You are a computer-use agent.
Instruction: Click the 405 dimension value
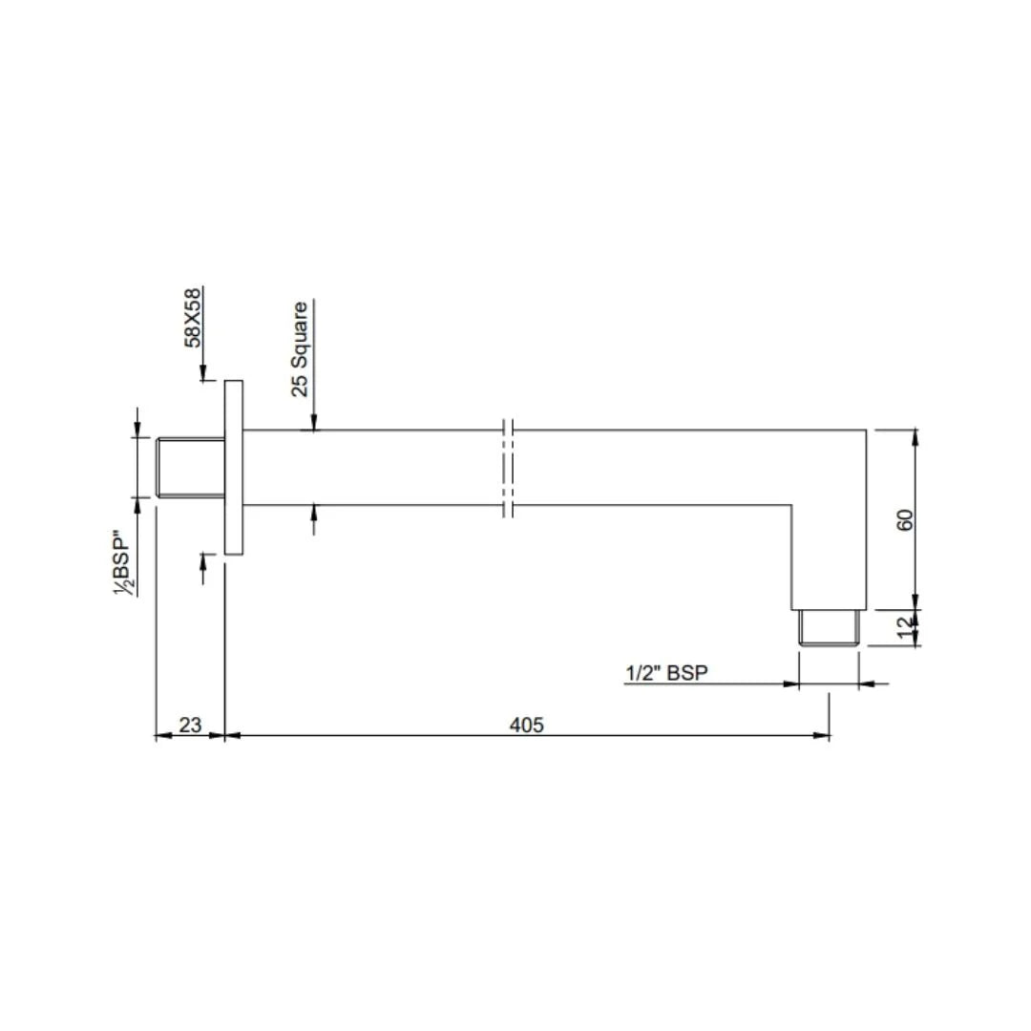pyautogui.click(x=526, y=725)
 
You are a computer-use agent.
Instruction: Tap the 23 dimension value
pyautogui.click(x=190, y=725)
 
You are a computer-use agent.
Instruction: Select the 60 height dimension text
pyautogui.click(x=906, y=520)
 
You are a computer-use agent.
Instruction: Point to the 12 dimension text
pyautogui.click(x=906, y=629)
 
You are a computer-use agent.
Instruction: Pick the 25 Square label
pyautogui.click(x=300, y=348)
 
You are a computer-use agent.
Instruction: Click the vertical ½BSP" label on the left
pyautogui.click(x=123, y=563)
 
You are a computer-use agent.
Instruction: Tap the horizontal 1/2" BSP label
pyautogui.click(x=666, y=674)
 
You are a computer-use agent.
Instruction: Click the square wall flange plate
pyautogui.click(x=234, y=467)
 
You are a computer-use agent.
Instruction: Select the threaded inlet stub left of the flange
pyautogui.click(x=189, y=467)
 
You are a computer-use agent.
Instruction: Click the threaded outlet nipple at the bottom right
pyautogui.click(x=830, y=629)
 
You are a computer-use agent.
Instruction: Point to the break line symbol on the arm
pyautogui.click(x=509, y=467)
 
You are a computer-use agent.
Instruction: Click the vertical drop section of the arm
pyautogui.click(x=829, y=554)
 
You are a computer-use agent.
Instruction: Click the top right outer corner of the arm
pyautogui.click(x=866, y=431)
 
